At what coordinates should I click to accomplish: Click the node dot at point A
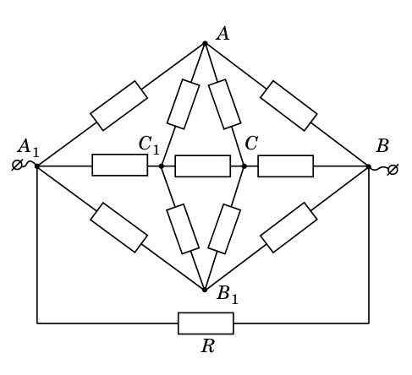pyautogui.click(x=205, y=44)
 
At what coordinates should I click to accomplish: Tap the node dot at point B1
pyautogui.click(x=205, y=290)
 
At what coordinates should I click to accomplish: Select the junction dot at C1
pyautogui.click(x=162, y=166)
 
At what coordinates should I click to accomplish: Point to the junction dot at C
pyautogui.click(x=244, y=166)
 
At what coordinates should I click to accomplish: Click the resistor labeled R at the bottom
pyautogui.click(x=206, y=323)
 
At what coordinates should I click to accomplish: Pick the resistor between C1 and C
pyautogui.click(x=203, y=166)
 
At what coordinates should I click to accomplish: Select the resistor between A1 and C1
pyautogui.click(x=120, y=165)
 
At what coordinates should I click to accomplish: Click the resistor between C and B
pyautogui.click(x=286, y=166)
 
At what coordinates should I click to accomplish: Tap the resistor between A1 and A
pyautogui.click(x=118, y=106)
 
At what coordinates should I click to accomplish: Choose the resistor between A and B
pyautogui.click(x=288, y=106)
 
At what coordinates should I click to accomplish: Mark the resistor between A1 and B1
pyautogui.click(x=118, y=227)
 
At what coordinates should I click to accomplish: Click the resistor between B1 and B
pyautogui.click(x=288, y=227)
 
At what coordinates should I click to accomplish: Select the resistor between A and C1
pyautogui.click(x=184, y=104)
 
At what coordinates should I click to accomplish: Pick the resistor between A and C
pyautogui.click(x=225, y=104)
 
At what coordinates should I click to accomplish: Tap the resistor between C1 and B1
pyautogui.click(x=184, y=229)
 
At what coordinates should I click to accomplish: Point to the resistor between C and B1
pyautogui.click(x=224, y=229)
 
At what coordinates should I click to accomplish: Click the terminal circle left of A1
pyautogui.click(x=17, y=165)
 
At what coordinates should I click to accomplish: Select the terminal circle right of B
pyautogui.click(x=393, y=170)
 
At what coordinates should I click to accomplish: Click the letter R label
pyautogui.click(x=208, y=345)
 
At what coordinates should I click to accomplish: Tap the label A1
pyautogui.click(x=28, y=147)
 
